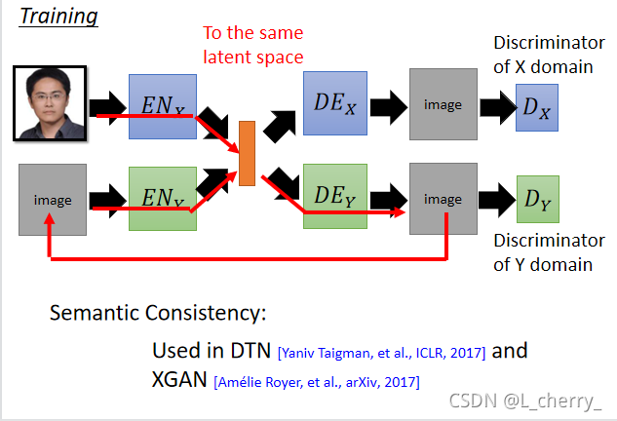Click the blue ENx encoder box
point(163,101)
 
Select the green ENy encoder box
point(163,198)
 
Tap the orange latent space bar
point(247,152)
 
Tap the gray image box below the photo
point(53,200)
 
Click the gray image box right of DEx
point(443,102)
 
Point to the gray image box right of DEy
point(443,199)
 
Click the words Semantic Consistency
point(158,315)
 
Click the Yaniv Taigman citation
point(380,352)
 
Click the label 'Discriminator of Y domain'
point(549,252)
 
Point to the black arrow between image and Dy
point(494,201)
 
